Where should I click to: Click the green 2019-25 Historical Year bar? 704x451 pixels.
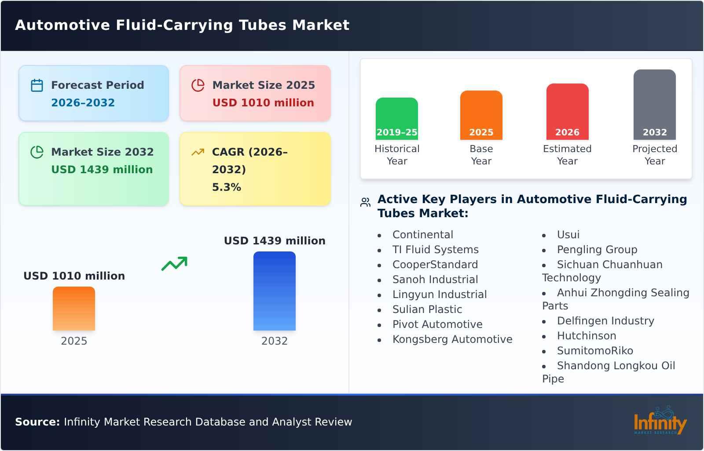pyautogui.click(x=396, y=118)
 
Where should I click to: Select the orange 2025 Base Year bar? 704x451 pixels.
pyautogui.click(x=481, y=115)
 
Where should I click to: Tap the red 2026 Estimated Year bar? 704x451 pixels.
pyautogui.click(x=567, y=111)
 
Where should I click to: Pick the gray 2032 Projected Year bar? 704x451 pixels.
pyautogui.click(x=654, y=104)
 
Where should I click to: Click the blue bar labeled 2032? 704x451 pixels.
pyautogui.click(x=274, y=291)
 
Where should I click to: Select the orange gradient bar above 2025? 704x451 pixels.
pyautogui.click(x=73, y=308)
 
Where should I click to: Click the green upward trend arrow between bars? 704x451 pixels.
pyautogui.click(x=174, y=264)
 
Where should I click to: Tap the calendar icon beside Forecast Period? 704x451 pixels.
pyautogui.click(x=37, y=85)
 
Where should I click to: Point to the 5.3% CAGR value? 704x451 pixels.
pyautogui.click(x=226, y=187)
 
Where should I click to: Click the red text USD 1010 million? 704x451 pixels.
pyautogui.click(x=263, y=103)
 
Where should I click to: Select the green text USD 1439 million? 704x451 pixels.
pyautogui.click(x=102, y=170)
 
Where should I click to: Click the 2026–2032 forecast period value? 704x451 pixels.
pyautogui.click(x=83, y=103)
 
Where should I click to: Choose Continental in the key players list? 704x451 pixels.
pyautogui.click(x=422, y=235)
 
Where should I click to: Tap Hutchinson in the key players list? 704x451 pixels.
pyautogui.click(x=586, y=336)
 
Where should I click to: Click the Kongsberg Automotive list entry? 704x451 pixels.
pyautogui.click(x=452, y=339)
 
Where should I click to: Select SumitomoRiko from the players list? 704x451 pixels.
pyautogui.click(x=594, y=351)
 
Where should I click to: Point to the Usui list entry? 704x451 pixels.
pyautogui.click(x=568, y=235)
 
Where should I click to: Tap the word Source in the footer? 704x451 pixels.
pyautogui.click(x=37, y=422)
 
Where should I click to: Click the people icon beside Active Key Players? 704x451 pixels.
pyautogui.click(x=365, y=202)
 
